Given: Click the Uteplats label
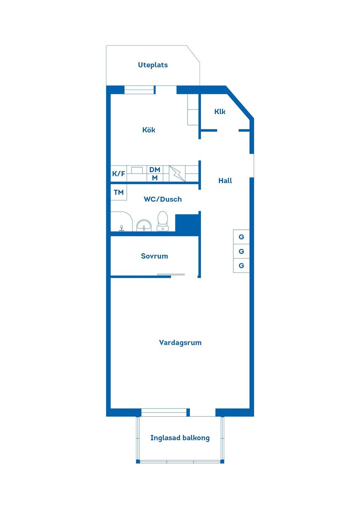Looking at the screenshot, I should click(x=153, y=65).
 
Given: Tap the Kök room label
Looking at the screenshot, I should click(x=148, y=130).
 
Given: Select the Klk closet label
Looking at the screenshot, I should click(x=220, y=112).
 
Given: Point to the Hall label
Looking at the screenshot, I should click(x=225, y=181).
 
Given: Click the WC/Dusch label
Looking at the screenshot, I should click(x=163, y=199).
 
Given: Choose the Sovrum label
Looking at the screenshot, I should click(x=154, y=256).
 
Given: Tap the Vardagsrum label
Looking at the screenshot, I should click(x=180, y=343).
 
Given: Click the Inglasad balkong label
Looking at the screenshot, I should click(x=180, y=438).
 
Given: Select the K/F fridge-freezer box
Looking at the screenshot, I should click(x=118, y=174).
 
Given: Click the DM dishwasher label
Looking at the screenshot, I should click(x=154, y=170).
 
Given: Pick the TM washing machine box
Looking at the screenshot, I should click(x=118, y=192).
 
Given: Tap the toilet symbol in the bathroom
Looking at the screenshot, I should click(x=162, y=222).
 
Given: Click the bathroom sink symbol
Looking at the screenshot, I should click(x=144, y=225).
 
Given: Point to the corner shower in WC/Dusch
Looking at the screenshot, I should click(x=121, y=222).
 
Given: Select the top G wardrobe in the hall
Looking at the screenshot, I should click(x=241, y=237).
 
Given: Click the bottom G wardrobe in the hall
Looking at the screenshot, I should click(x=241, y=266).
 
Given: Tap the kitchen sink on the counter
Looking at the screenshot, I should click(x=136, y=171).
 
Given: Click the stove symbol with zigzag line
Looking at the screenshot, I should click(x=177, y=174).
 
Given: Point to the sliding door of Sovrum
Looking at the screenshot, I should click(x=171, y=275).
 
